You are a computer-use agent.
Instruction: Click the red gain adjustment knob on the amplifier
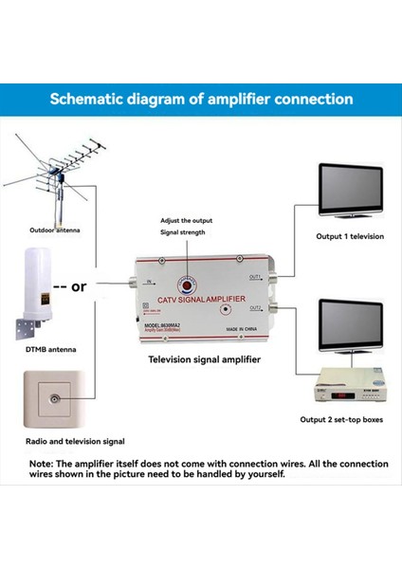(x=188, y=283)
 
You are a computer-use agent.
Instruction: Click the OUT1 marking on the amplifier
(x=256, y=277)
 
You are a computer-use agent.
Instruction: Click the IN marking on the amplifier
(x=148, y=283)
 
